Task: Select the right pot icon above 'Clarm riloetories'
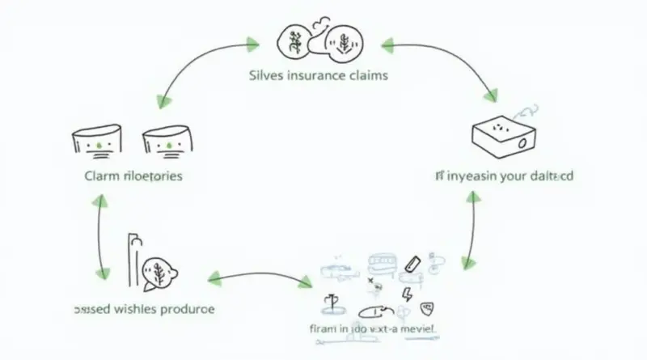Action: pos(167,140)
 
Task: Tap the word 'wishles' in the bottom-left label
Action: pos(137,309)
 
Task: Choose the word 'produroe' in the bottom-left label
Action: pos(191,309)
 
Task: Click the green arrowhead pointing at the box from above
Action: pos(489,98)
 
